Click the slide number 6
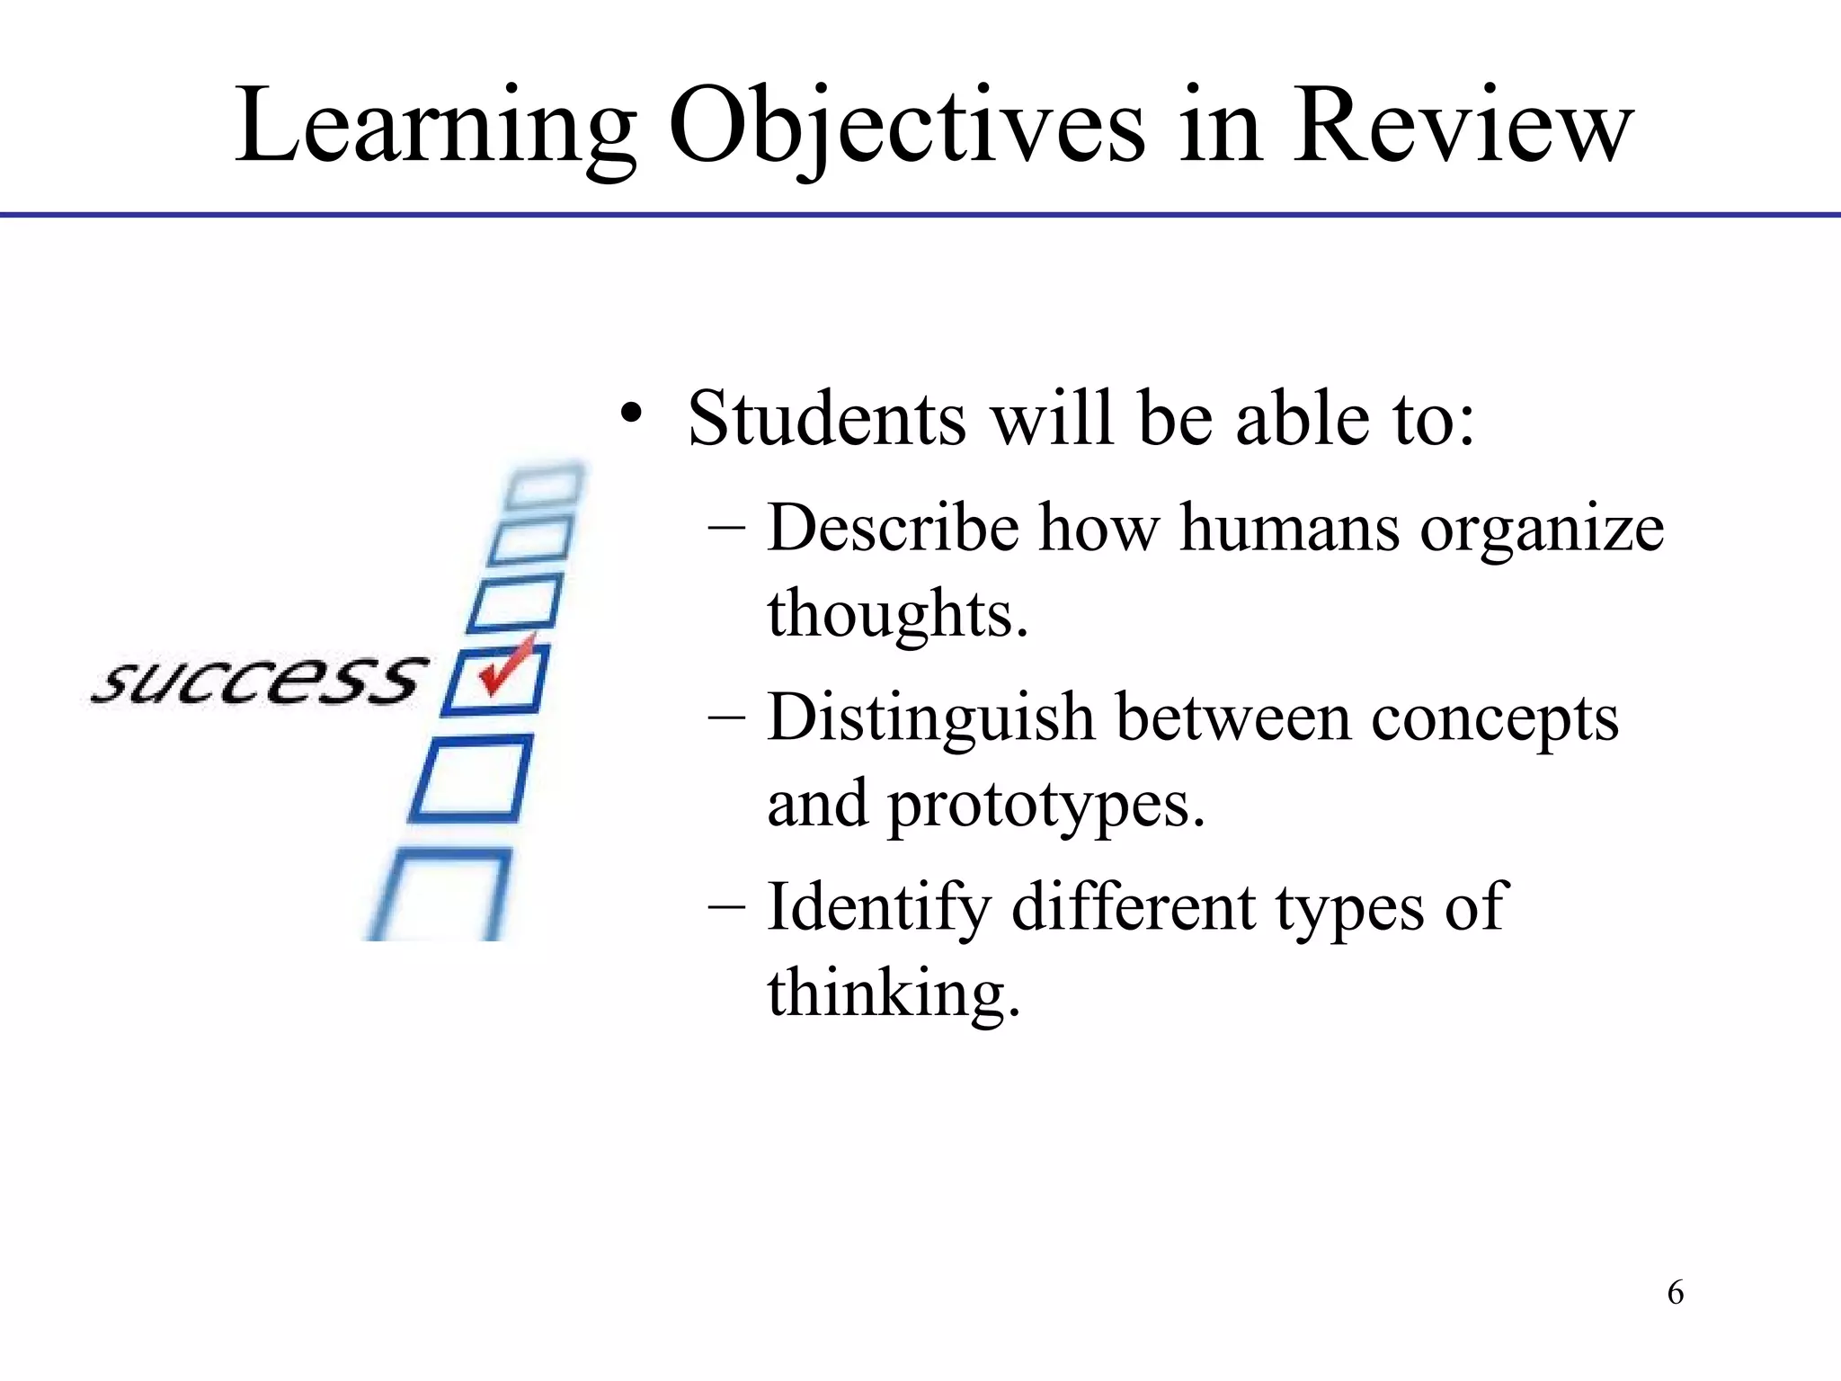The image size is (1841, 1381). click(1675, 1293)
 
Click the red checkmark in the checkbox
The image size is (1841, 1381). click(506, 665)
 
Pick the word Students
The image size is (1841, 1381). click(826, 419)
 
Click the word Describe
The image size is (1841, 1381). click(893, 528)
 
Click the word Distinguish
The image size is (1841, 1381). click(930, 720)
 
